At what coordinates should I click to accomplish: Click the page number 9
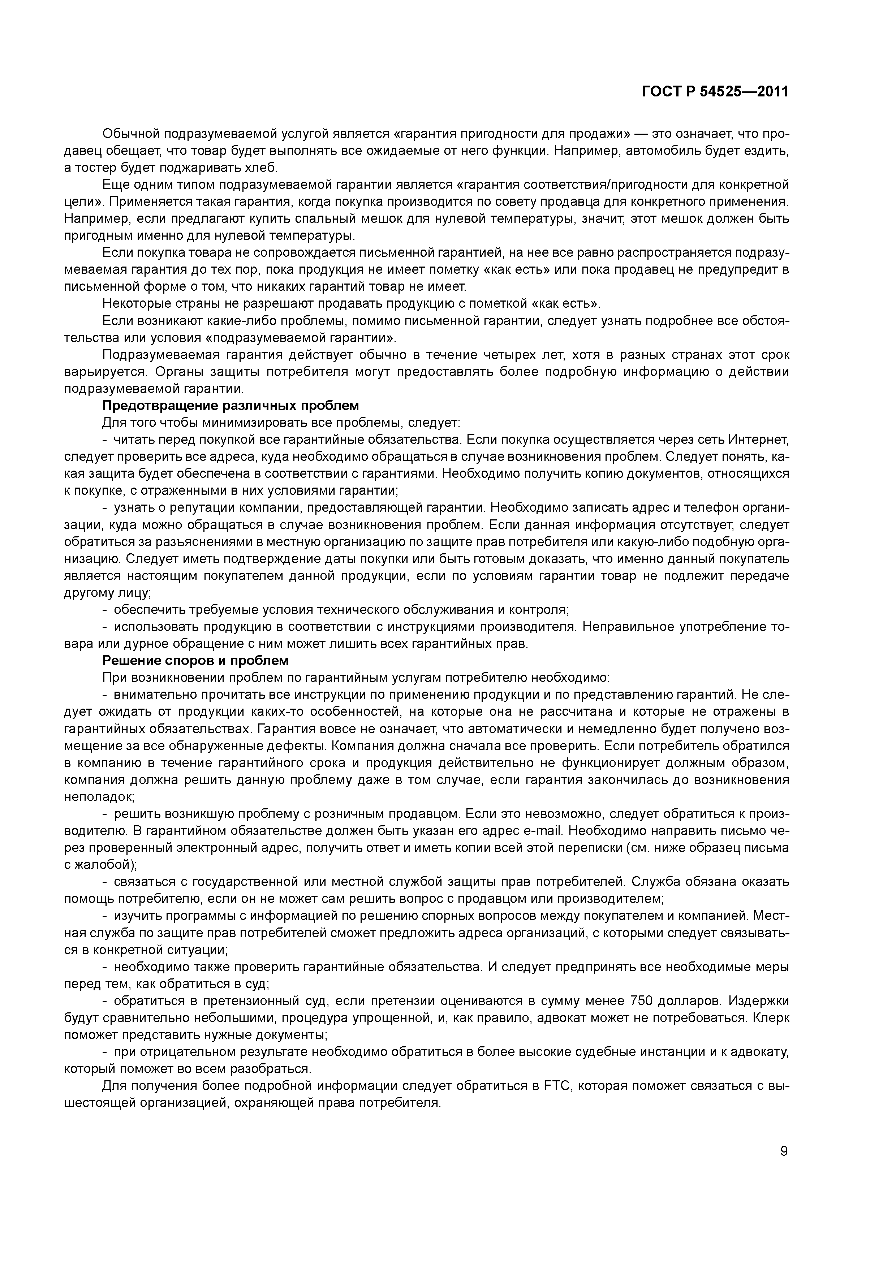pos(784,1151)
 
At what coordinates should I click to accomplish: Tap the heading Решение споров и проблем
pos(195,661)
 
